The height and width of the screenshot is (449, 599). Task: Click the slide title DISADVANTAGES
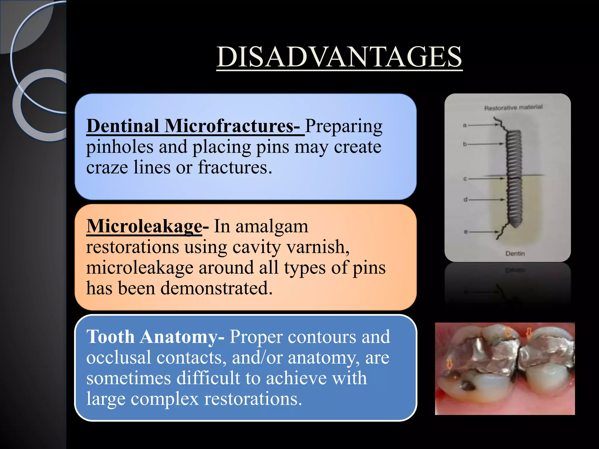(339, 57)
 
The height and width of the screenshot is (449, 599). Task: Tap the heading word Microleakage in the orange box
(144, 226)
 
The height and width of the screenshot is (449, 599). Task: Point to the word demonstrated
(216, 288)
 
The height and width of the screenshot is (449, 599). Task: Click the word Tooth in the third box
(111, 337)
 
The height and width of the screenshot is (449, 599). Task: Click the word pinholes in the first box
(120, 147)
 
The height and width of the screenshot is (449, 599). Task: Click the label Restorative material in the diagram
(513, 108)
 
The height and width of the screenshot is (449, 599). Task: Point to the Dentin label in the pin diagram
(515, 253)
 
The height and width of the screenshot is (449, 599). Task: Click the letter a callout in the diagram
(465, 125)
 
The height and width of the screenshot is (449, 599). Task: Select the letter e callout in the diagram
(466, 232)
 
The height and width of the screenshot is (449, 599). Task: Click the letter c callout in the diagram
(465, 179)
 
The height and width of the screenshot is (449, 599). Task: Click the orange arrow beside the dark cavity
(450, 364)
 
